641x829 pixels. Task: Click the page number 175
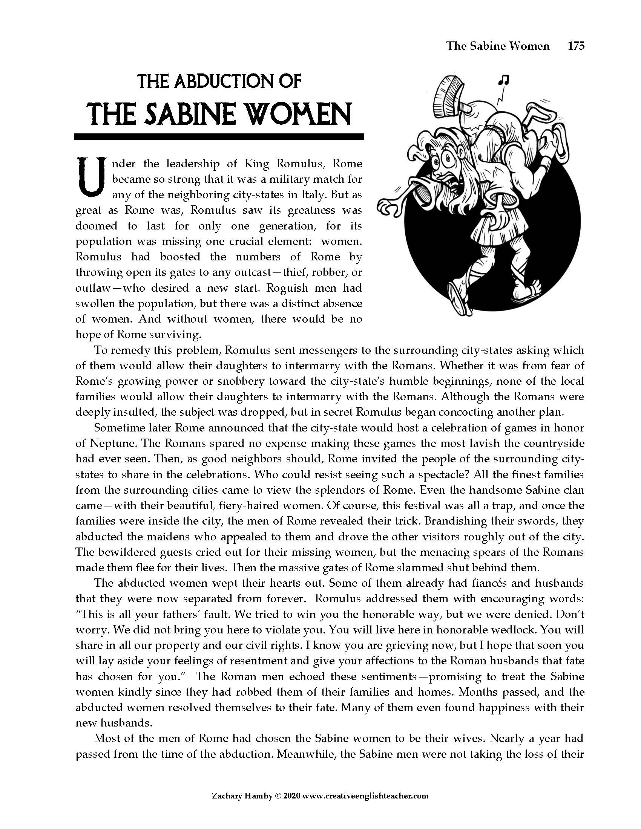[576, 46]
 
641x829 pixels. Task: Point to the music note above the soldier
[504, 80]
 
